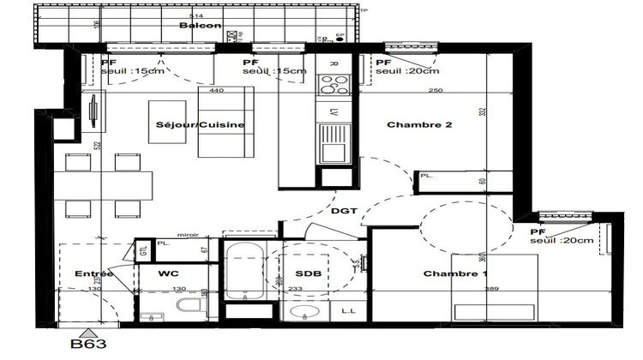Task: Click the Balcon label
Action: coord(201,26)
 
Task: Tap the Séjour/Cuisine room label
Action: coord(201,125)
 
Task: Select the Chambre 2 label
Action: coord(418,124)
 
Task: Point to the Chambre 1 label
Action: coord(455,273)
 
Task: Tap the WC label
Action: coord(168,273)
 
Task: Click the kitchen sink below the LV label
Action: coord(333,141)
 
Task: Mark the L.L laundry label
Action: coord(349,312)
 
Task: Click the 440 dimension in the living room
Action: coord(216,90)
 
